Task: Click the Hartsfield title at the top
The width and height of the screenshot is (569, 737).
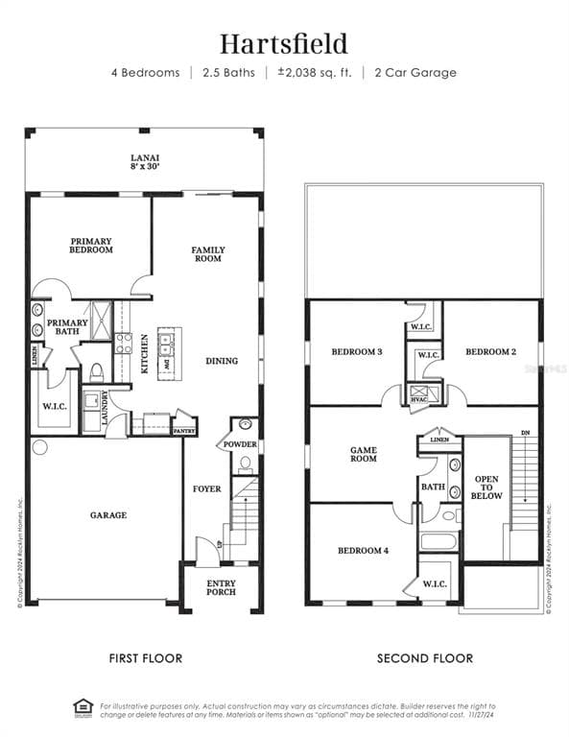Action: (284, 43)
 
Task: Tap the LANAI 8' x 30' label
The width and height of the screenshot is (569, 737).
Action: (145, 161)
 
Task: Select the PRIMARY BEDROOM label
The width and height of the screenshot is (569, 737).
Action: (91, 246)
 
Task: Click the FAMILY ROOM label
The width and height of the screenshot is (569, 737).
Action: (207, 253)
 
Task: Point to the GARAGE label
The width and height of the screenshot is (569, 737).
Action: (108, 515)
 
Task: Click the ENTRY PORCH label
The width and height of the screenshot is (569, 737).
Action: (222, 587)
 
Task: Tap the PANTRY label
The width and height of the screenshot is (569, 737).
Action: (184, 431)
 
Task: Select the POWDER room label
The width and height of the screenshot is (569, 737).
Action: (240, 444)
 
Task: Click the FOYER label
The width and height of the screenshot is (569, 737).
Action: (206, 488)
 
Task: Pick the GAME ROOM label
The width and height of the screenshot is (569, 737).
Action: (363, 454)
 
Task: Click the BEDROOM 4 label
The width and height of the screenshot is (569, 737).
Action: (363, 551)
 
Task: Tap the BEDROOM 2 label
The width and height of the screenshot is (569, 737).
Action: (490, 352)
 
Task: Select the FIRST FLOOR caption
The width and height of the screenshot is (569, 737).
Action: (145, 658)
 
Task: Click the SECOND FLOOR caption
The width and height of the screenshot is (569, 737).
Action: (424, 658)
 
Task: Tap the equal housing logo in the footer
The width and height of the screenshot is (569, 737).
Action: (83, 708)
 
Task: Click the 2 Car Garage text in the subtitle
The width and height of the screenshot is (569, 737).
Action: (415, 73)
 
